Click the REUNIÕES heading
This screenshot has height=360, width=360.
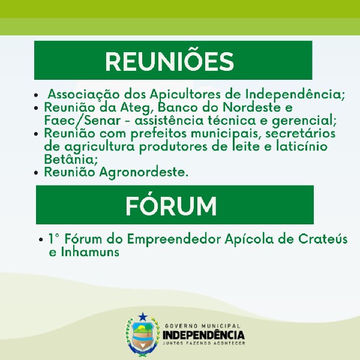pos(169,61)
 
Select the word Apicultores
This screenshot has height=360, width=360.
pos(185,95)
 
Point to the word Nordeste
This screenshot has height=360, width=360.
pos(251,107)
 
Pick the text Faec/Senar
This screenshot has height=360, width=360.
pos(82,121)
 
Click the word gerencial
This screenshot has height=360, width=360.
pos(304,121)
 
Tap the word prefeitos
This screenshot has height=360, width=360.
pos(158,134)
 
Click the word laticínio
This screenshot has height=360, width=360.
pos(302,146)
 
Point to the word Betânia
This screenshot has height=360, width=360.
pos(71,160)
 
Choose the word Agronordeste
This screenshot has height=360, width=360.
pos(144,172)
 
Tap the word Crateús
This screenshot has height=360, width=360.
pos(323,239)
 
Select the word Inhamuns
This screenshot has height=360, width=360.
pos(90,252)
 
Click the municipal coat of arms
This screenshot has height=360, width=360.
pos(142,334)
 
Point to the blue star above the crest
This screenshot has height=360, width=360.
pos(143,317)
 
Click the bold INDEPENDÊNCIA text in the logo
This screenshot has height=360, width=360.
pos(203,335)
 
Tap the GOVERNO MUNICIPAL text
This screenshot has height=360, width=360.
pos(203,326)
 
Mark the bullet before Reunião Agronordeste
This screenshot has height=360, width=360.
pos(36,173)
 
